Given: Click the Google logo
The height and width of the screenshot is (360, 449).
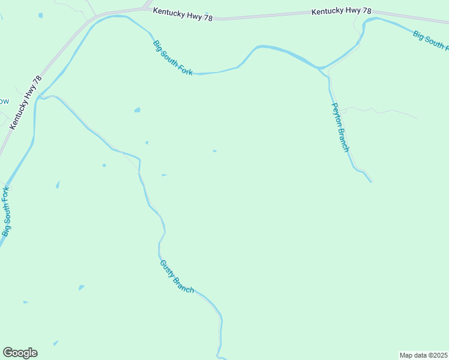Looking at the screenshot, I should (x=20, y=353).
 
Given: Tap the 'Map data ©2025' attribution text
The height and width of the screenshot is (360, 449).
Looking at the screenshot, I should (x=424, y=355).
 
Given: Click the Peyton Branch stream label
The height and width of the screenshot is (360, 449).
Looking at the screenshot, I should (x=340, y=127).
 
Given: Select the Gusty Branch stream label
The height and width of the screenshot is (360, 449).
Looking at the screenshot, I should (x=177, y=277).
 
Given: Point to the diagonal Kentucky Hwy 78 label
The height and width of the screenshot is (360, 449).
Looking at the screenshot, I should (x=25, y=102).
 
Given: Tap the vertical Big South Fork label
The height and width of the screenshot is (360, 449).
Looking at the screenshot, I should (x=6, y=211).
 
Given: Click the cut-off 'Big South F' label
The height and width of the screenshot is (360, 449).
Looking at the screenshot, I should (x=430, y=40).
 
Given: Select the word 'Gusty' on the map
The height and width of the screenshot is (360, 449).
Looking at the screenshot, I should (x=166, y=267).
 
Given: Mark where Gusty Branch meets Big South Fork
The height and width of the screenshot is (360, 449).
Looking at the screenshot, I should (x=43, y=97).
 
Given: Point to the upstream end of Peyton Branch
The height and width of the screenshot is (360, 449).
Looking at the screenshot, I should (x=371, y=181).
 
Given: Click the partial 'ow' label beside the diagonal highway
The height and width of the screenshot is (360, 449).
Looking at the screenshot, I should (x=4, y=101).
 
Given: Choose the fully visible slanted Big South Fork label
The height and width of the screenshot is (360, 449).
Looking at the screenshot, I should (x=173, y=58).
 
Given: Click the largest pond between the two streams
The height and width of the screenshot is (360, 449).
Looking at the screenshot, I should (x=137, y=110).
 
